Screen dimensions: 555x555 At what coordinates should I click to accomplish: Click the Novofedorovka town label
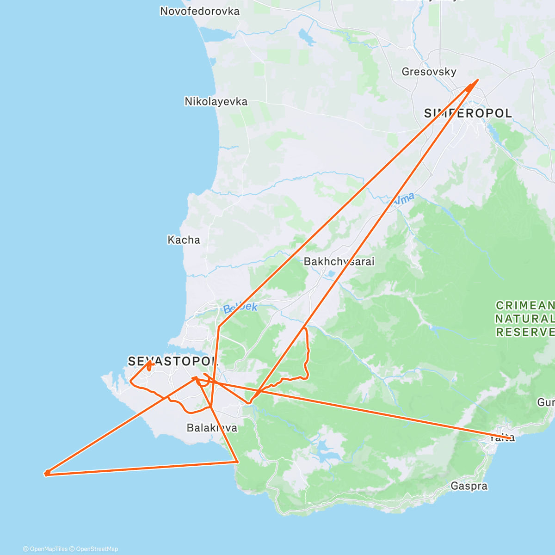point(200,11)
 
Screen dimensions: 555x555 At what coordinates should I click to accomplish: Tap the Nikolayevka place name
point(216,101)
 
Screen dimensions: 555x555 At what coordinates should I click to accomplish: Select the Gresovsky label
point(429,72)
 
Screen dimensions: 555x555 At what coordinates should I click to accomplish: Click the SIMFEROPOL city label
point(468,113)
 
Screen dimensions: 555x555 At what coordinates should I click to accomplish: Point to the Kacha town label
point(184,240)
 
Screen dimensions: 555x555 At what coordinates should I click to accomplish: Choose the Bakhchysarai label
point(339,261)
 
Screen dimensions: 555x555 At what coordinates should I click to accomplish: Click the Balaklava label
point(212,428)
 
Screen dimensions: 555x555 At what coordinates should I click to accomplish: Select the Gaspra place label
point(469,486)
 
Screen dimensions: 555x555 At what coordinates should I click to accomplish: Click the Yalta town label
point(502,438)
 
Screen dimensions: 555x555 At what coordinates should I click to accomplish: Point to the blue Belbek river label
point(240,308)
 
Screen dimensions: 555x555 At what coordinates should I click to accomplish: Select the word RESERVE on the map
point(525,332)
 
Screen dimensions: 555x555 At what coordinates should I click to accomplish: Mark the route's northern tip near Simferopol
point(477,80)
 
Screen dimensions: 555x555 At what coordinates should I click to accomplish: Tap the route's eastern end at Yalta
point(512,438)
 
